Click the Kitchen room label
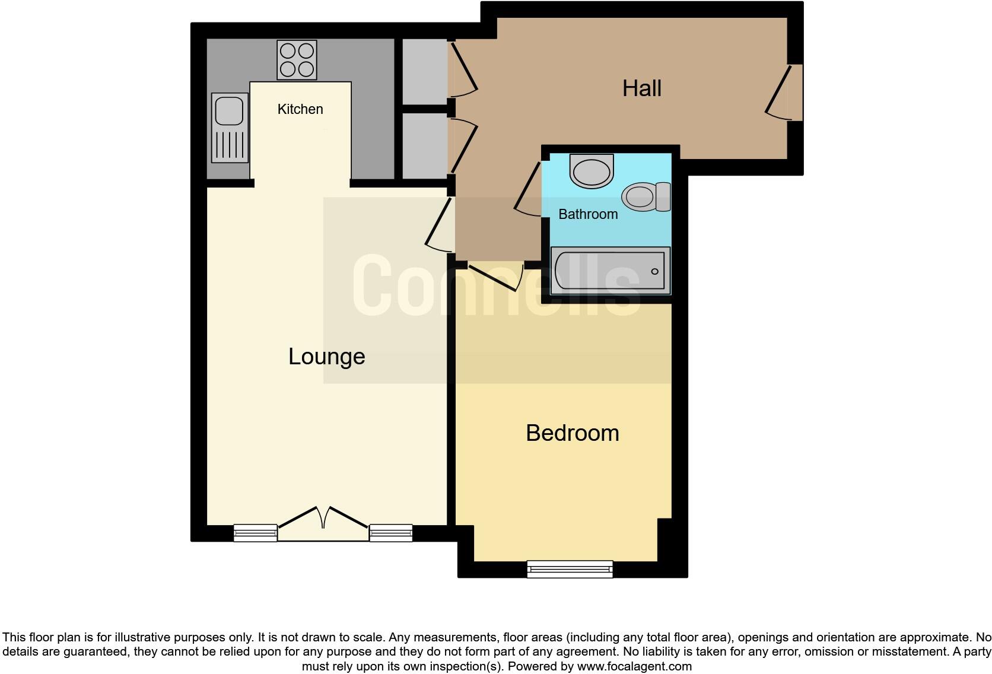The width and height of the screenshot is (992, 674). coord(300,109)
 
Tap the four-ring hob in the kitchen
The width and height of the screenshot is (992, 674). coord(297,60)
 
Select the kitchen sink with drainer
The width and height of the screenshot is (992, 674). coord(230,128)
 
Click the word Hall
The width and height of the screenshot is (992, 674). coord(641,88)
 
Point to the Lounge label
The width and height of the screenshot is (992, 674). coord(326,357)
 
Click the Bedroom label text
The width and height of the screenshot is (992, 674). coord(572,433)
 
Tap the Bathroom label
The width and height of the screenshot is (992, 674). coord(588,214)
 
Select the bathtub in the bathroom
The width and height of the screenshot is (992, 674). coord(610,271)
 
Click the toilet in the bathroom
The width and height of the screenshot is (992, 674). coord(646,196)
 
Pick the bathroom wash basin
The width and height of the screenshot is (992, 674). coord(591,171)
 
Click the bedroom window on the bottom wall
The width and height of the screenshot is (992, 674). coord(570,569)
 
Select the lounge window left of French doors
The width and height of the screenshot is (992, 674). coord(255,533)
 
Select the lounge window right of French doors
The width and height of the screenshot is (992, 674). coord(391,533)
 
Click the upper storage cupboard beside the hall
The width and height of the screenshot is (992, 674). coord(424,71)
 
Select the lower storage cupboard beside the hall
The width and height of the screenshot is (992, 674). coord(424,145)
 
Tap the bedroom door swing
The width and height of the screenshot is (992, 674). coord(495,277)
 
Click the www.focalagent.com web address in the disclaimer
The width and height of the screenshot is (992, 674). coord(634,666)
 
